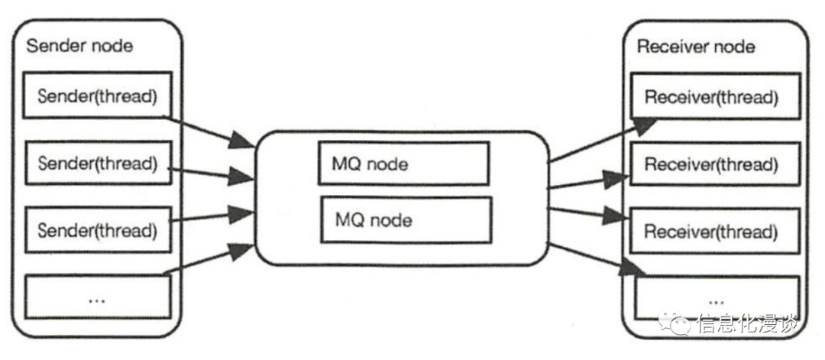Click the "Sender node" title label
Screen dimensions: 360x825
(x=79, y=46)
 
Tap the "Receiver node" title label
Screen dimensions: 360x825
(x=696, y=47)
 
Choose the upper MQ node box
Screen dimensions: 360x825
(x=403, y=163)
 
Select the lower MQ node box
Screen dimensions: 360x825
(x=404, y=220)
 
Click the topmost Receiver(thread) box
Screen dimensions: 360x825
(x=711, y=97)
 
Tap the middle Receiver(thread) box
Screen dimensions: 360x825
(x=711, y=164)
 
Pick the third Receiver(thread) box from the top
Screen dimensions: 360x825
(x=711, y=230)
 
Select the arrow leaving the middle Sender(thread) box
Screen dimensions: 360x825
(x=210, y=172)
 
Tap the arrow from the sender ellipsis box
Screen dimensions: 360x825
(x=210, y=261)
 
